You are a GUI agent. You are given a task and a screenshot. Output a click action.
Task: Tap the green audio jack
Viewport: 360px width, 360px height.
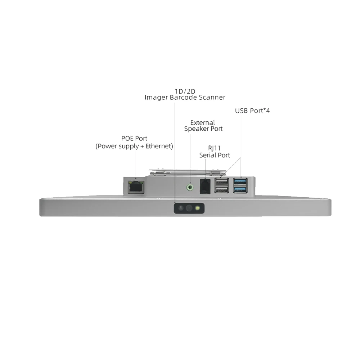[190, 187]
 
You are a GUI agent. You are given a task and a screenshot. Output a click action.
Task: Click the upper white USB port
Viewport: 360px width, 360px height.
[221, 181]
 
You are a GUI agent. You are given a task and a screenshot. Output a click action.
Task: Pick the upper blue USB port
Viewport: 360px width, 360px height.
[240, 181]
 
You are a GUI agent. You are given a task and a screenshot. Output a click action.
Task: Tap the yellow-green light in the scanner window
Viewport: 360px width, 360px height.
[198, 208]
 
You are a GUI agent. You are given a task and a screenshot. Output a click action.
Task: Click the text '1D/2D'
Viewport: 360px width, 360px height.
[185, 91]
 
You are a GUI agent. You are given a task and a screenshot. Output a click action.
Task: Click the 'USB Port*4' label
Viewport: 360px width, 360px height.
[252, 111]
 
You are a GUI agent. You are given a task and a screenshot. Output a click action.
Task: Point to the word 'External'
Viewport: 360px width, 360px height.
[203, 123]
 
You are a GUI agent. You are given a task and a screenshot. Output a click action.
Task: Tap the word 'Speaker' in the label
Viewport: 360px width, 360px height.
[197, 129]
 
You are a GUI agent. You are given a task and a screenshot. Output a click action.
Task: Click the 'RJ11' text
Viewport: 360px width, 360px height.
[215, 149]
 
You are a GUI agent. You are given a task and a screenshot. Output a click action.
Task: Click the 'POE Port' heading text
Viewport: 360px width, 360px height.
[134, 138]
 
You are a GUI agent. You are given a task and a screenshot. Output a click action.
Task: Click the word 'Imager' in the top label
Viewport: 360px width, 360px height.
[156, 97]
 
